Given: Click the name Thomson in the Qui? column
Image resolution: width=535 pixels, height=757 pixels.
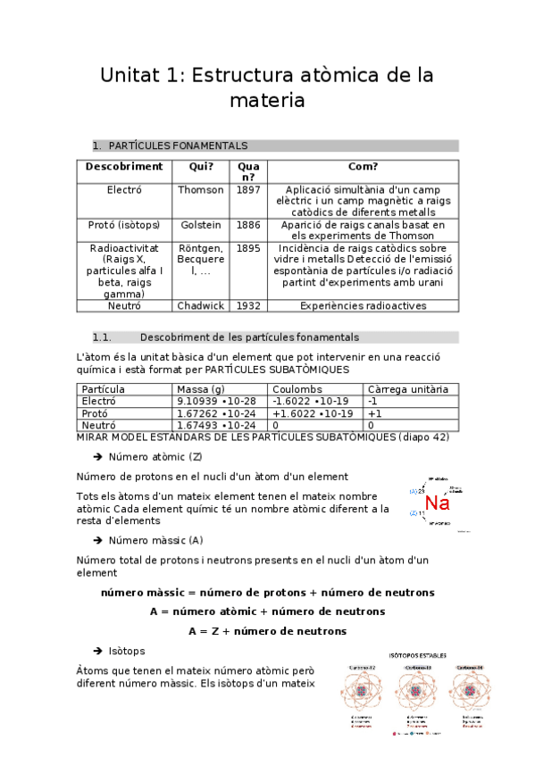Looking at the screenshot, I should [x=201, y=190].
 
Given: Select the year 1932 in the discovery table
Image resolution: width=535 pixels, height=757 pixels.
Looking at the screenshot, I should [x=248, y=305].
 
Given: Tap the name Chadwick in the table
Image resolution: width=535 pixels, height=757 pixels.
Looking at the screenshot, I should [x=201, y=305].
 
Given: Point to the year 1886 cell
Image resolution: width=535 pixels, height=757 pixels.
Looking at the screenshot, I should [x=248, y=225].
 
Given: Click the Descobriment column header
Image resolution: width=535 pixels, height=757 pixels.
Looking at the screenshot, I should [x=124, y=166].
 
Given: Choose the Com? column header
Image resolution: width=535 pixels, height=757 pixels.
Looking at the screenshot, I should [x=363, y=166].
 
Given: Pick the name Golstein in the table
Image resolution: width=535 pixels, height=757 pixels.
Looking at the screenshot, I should [x=201, y=225].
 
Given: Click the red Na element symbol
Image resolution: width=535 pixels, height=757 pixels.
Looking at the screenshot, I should [x=436, y=503].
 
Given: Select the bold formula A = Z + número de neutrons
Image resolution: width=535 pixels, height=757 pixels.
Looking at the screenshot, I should [x=267, y=631].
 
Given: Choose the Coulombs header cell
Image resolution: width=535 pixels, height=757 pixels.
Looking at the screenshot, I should [x=297, y=390].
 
